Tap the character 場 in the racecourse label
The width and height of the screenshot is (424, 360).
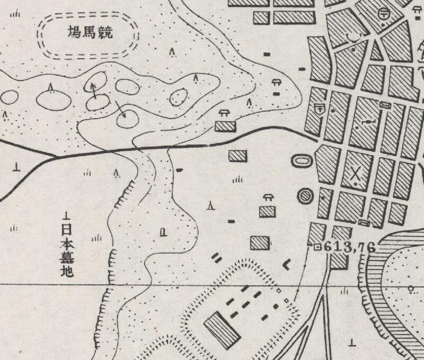click(x=74, y=34)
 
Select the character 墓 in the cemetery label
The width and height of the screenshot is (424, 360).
click(x=67, y=259)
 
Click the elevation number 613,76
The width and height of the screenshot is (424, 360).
click(x=349, y=247)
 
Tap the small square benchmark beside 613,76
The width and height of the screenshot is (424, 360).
click(x=317, y=246)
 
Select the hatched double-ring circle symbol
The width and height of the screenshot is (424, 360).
click(x=305, y=196)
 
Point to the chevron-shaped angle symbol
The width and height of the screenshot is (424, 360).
click(x=287, y=264)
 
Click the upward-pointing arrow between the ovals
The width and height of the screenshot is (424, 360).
click(x=94, y=91)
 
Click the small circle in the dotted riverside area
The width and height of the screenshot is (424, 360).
click(x=411, y=288)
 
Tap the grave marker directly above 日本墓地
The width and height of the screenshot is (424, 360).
click(x=67, y=215)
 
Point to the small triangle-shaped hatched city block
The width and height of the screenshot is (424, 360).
click(x=376, y=51)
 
